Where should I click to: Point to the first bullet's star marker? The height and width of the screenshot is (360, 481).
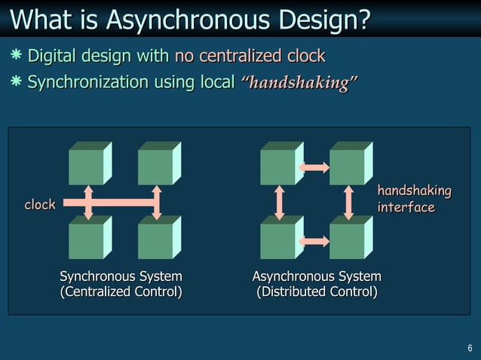pyautogui.click(x=16, y=56)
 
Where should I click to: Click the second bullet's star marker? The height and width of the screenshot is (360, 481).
pyautogui.click(x=16, y=82)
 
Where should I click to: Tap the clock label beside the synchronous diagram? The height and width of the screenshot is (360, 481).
pyautogui.click(x=40, y=205)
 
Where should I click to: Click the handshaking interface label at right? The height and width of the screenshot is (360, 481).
pyautogui.click(x=413, y=199)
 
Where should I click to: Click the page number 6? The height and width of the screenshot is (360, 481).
pyautogui.click(x=470, y=348)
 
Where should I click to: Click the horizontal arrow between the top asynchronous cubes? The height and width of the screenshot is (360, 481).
pyautogui.click(x=314, y=167)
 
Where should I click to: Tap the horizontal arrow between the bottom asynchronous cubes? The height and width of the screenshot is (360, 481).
pyautogui.click(x=314, y=241)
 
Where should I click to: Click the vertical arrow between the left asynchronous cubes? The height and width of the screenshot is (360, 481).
pyautogui.click(x=280, y=202)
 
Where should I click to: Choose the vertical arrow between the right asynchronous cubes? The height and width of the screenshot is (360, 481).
pyautogui.click(x=348, y=202)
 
